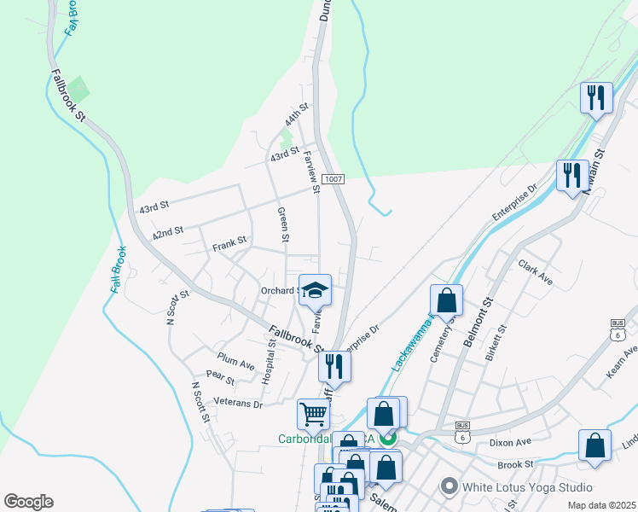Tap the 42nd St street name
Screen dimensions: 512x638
pyautogui.click(x=168, y=233)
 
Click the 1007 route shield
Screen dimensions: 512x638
pyautogui.click(x=333, y=179)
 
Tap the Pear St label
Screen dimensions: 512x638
pyautogui.click(x=220, y=375)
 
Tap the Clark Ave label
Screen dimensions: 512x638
pyautogui.click(x=536, y=272)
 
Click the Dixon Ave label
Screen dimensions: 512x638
pyautogui.click(x=511, y=443)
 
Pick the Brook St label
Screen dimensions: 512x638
pyautogui.click(x=515, y=464)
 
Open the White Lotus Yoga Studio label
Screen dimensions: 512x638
pyautogui.click(x=526, y=487)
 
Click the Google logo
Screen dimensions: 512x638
pyautogui.click(x=28, y=501)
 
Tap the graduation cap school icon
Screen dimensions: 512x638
pyautogui.click(x=315, y=290)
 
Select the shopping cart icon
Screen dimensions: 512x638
pyautogui.click(x=313, y=415)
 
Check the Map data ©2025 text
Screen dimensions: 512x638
pyautogui.click(x=600, y=505)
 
